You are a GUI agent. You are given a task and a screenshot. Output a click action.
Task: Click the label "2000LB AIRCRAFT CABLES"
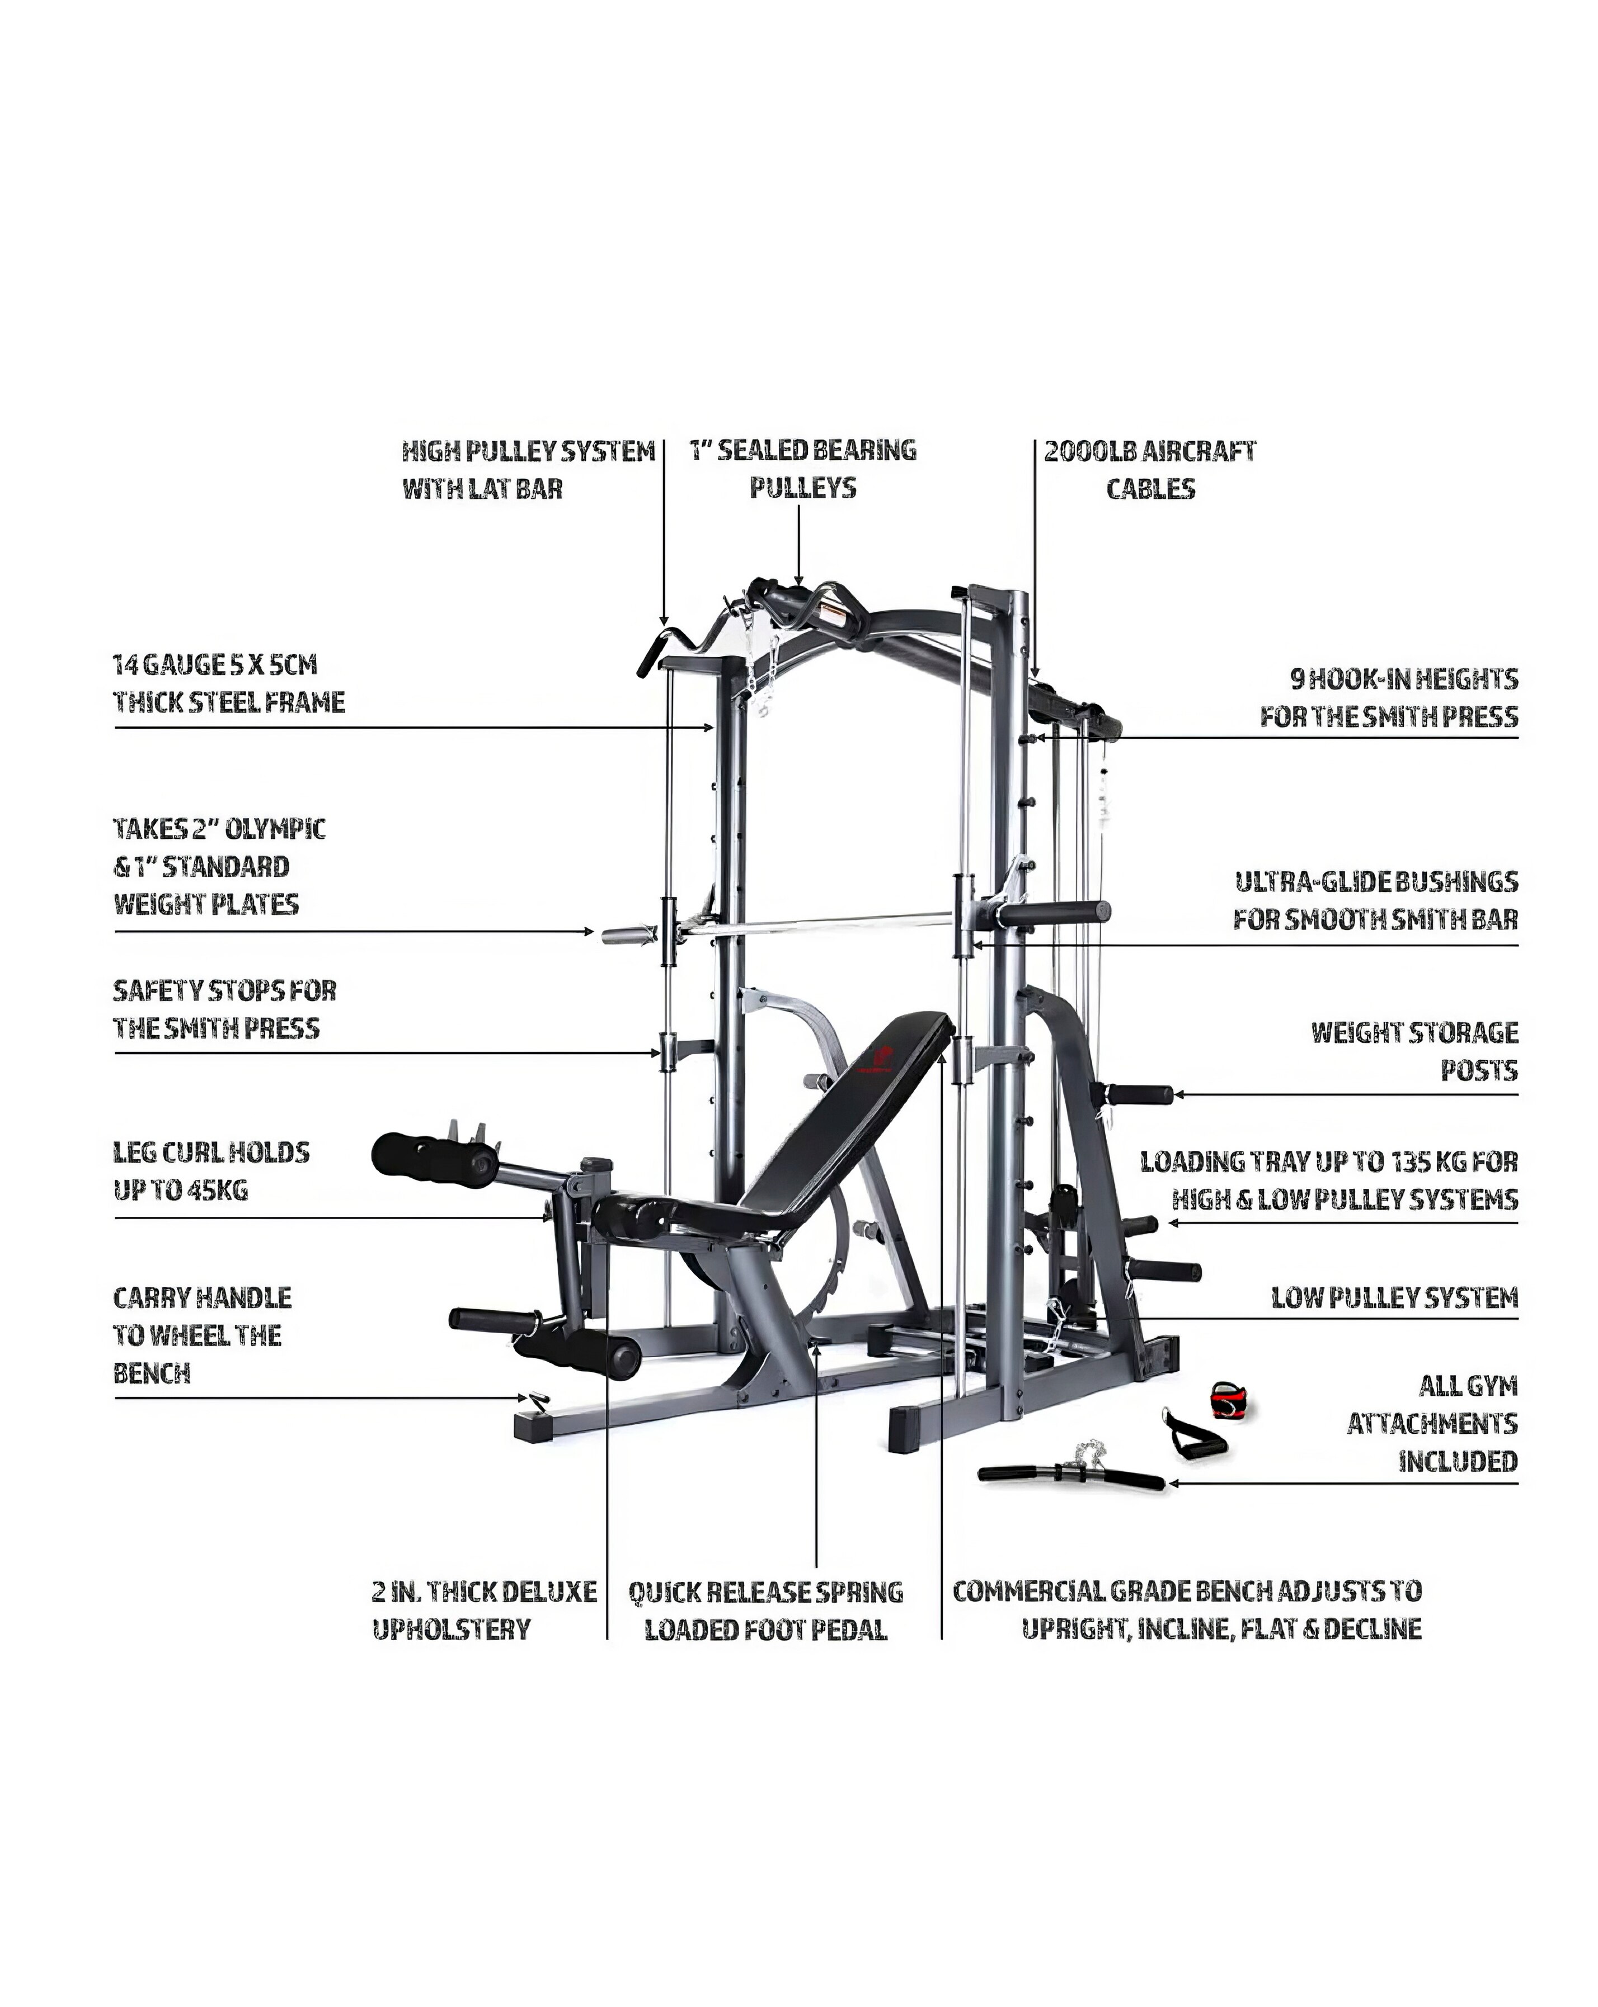(x=1149, y=470)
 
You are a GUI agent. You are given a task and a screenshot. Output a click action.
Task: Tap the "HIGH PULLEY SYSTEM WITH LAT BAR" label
(x=528, y=470)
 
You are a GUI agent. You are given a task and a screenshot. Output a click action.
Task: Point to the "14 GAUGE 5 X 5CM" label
(x=215, y=665)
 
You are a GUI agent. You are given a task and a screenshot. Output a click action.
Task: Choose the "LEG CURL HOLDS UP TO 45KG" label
(x=210, y=1171)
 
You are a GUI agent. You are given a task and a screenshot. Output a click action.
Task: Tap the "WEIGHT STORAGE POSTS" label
(x=1413, y=1051)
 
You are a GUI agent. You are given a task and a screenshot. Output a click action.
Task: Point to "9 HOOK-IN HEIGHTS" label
(x=1403, y=679)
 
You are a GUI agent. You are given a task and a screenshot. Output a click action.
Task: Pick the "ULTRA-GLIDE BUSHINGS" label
(x=1375, y=881)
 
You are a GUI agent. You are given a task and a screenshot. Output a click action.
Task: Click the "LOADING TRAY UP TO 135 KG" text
(x=1329, y=1161)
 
